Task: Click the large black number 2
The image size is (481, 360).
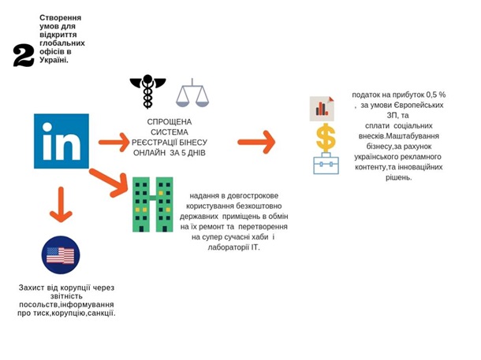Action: [x=24, y=54]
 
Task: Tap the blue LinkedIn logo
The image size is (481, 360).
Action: [x=61, y=141]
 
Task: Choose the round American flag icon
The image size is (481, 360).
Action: [x=61, y=255]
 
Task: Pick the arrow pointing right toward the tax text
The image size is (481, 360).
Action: [x=257, y=143]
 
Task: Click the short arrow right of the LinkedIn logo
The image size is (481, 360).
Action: [x=112, y=142]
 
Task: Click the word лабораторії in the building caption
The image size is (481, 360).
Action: [x=213, y=247]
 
